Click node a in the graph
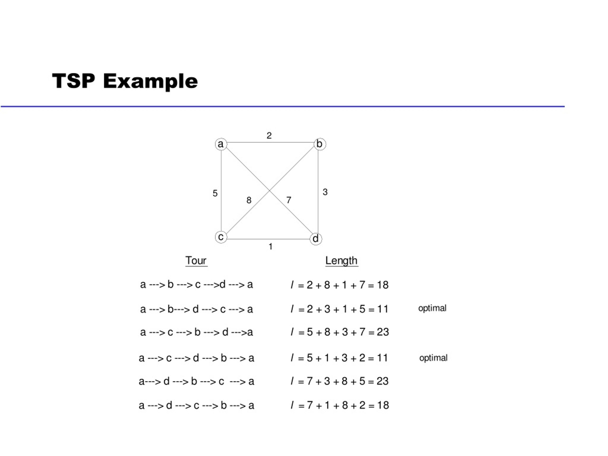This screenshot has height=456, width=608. click(221, 144)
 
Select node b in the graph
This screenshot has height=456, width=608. click(320, 144)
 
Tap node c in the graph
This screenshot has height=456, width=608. click(221, 237)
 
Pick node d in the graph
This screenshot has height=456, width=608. click(316, 239)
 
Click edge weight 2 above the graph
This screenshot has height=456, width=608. click(269, 136)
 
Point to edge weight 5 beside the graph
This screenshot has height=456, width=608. click(215, 193)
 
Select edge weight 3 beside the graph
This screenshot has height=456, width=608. click(325, 192)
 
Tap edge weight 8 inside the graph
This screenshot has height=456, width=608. click(249, 200)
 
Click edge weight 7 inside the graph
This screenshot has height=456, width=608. click(289, 200)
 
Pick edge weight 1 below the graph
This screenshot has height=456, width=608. click(271, 247)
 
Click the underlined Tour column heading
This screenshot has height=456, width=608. click(196, 261)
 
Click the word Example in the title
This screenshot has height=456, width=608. click(151, 81)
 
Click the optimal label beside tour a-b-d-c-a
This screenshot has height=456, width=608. click(432, 309)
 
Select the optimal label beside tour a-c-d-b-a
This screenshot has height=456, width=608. click(433, 358)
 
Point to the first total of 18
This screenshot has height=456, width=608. click(383, 285)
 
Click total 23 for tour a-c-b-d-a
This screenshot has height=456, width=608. click(383, 332)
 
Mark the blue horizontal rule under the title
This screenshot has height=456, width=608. click(283, 106)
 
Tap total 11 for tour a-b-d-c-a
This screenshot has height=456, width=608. click(383, 309)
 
